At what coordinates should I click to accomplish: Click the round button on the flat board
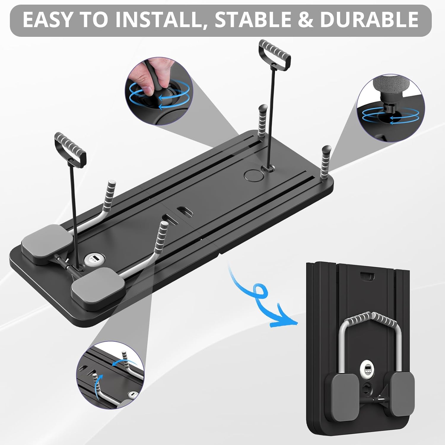(x=252, y=175)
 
